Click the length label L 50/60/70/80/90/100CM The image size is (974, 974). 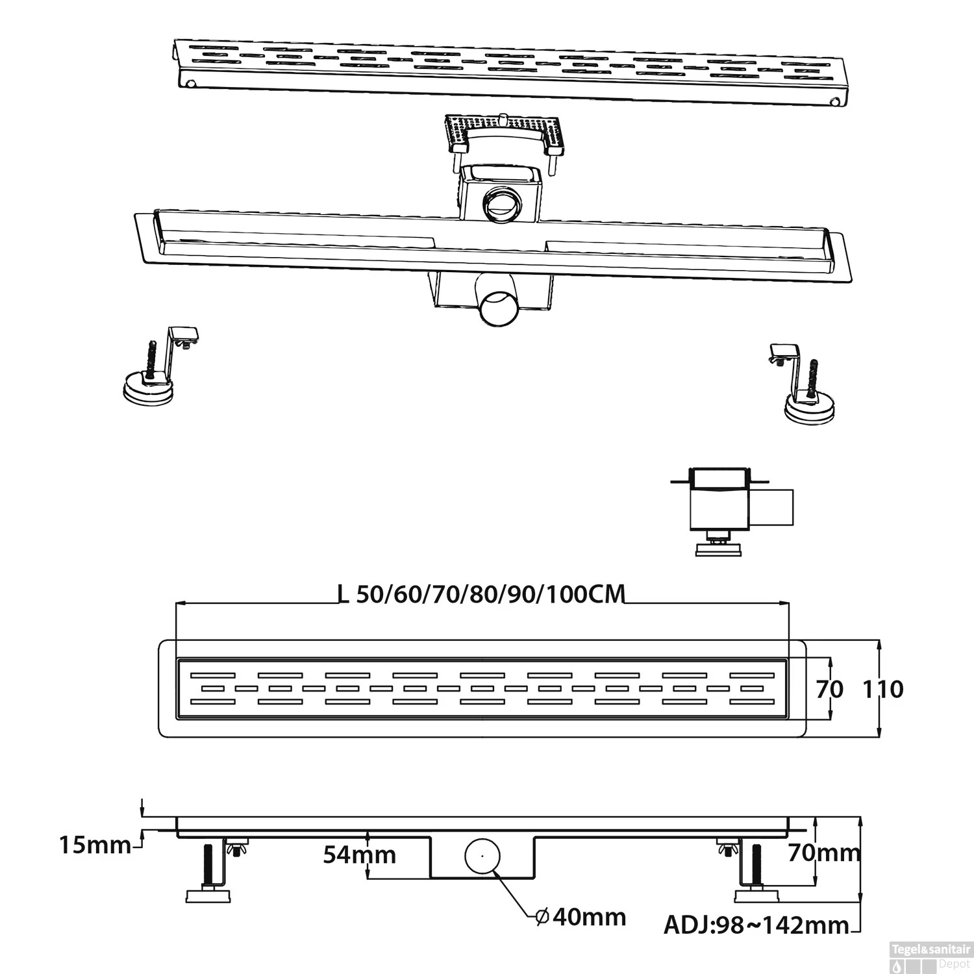click(481, 593)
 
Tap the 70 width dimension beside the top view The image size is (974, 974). click(829, 689)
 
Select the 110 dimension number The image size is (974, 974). click(883, 689)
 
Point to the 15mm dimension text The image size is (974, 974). click(95, 845)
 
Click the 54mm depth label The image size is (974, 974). click(360, 855)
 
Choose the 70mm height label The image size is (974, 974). click(824, 852)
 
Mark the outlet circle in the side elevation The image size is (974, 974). click(482, 856)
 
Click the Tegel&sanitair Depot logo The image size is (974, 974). click(930, 957)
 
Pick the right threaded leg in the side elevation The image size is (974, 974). click(758, 865)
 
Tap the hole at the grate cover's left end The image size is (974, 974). click(191, 84)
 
